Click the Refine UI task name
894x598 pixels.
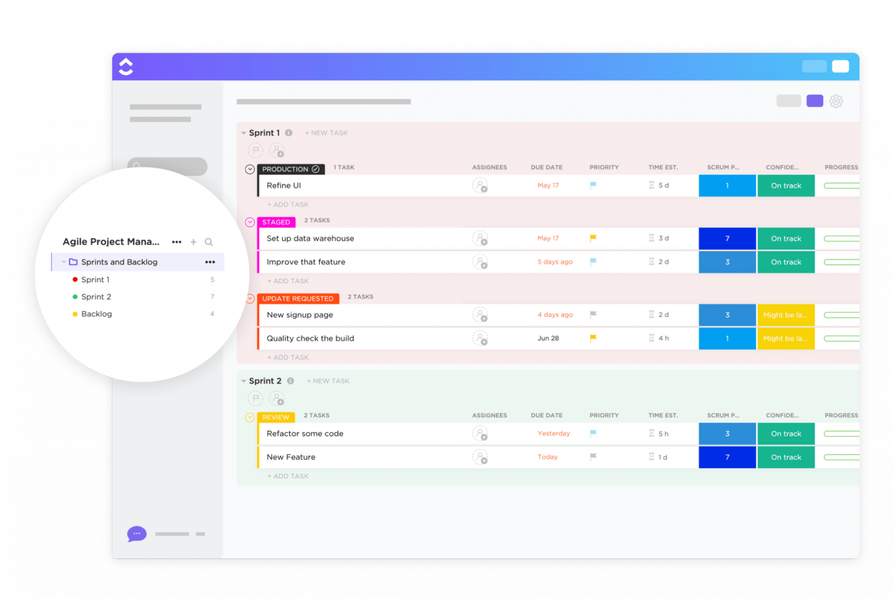pyautogui.click(x=284, y=186)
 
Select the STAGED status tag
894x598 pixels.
pyautogui.click(x=277, y=222)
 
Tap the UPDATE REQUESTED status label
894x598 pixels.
pyautogui.click(x=298, y=298)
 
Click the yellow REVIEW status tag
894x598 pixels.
pyautogui.click(x=276, y=417)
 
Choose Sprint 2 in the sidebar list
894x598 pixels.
pyautogui.click(x=96, y=297)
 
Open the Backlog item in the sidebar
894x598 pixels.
pyautogui.click(x=96, y=314)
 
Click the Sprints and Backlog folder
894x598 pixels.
pyautogui.click(x=119, y=262)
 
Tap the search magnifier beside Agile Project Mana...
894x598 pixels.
pyautogui.click(x=209, y=242)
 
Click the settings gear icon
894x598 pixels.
pyautogui.click(x=836, y=101)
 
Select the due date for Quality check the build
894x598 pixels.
pyautogui.click(x=548, y=339)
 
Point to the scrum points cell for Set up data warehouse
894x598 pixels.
pyautogui.click(x=727, y=238)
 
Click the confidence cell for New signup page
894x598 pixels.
pyautogui.click(x=785, y=315)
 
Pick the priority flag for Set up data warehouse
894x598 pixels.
pyautogui.click(x=593, y=238)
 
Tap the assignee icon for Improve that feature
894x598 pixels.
pyautogui.click(x=480, y=262)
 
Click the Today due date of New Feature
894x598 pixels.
pyautogui.click(x=547, y=457)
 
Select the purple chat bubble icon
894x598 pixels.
pyautogui.click(x=137, y=533)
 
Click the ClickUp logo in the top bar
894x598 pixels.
pyautogui.click(x=126, y=66)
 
